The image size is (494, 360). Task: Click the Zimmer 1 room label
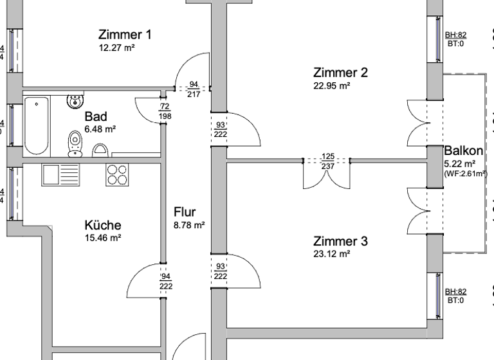125,34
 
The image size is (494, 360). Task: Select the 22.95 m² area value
331,85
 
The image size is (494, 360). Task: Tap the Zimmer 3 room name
340,242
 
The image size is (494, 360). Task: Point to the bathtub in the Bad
37,125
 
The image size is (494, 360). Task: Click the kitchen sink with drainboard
60,174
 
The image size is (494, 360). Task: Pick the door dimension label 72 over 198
165,111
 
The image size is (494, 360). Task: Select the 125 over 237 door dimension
327,161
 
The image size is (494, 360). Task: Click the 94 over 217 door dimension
193,89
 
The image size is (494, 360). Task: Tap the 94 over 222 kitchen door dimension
165,281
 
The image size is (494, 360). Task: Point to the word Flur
184,212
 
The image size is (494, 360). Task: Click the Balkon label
463,150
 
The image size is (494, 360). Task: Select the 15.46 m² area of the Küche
103,238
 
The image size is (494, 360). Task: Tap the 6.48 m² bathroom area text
100,129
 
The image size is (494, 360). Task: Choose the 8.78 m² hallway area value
189,225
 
